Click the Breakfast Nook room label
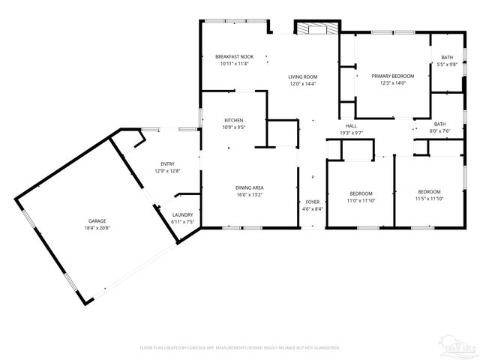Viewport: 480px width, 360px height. click(234, 57)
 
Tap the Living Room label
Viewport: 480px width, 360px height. click(304, 76)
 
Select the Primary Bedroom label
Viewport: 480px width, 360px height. click(392, 76)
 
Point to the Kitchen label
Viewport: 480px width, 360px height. click(234, 120)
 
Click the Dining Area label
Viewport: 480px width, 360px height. click(250, 187)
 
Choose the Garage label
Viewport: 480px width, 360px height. click(97, 221)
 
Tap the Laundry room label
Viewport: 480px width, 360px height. click(183, 215)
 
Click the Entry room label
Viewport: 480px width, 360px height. click(167, 164)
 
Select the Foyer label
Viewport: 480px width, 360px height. click(313, 202)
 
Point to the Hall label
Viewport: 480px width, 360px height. click(351, 125)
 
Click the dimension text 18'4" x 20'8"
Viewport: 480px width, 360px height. click(97, 229)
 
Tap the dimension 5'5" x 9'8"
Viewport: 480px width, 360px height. click(447, 64)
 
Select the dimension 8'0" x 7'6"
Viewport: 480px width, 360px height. click(439, 131)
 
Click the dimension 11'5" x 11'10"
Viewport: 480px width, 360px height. click(429, 199)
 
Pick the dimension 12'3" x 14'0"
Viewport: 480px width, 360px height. click(392, 83)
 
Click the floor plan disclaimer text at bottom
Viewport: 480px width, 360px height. click(240, 347)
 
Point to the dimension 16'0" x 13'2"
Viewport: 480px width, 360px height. click(250, 195)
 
